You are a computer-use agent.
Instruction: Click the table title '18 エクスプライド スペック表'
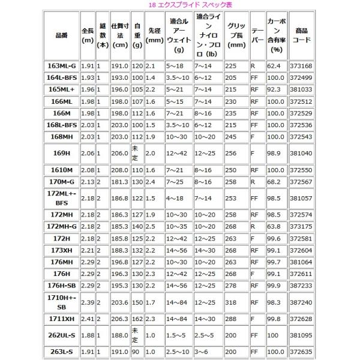180,5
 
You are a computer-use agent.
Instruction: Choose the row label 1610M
62,171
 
